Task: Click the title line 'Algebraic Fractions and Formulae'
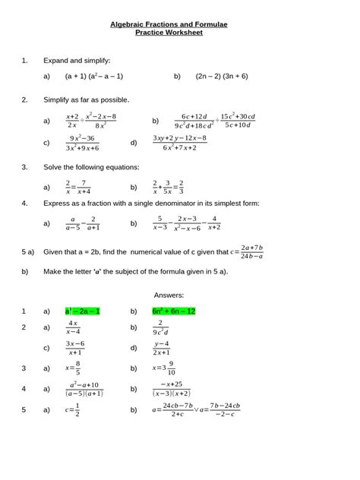(179, 25)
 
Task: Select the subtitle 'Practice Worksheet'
(179, 33)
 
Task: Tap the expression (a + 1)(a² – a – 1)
(94, 77)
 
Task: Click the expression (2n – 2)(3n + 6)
(221, 77)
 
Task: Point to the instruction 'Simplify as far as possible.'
(86, 99)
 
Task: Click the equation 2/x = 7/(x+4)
(78, 186)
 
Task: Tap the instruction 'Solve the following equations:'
(91, 166)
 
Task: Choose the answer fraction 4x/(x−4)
(73, 328)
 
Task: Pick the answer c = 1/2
(73, 411)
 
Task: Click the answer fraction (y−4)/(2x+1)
(160, 348)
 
